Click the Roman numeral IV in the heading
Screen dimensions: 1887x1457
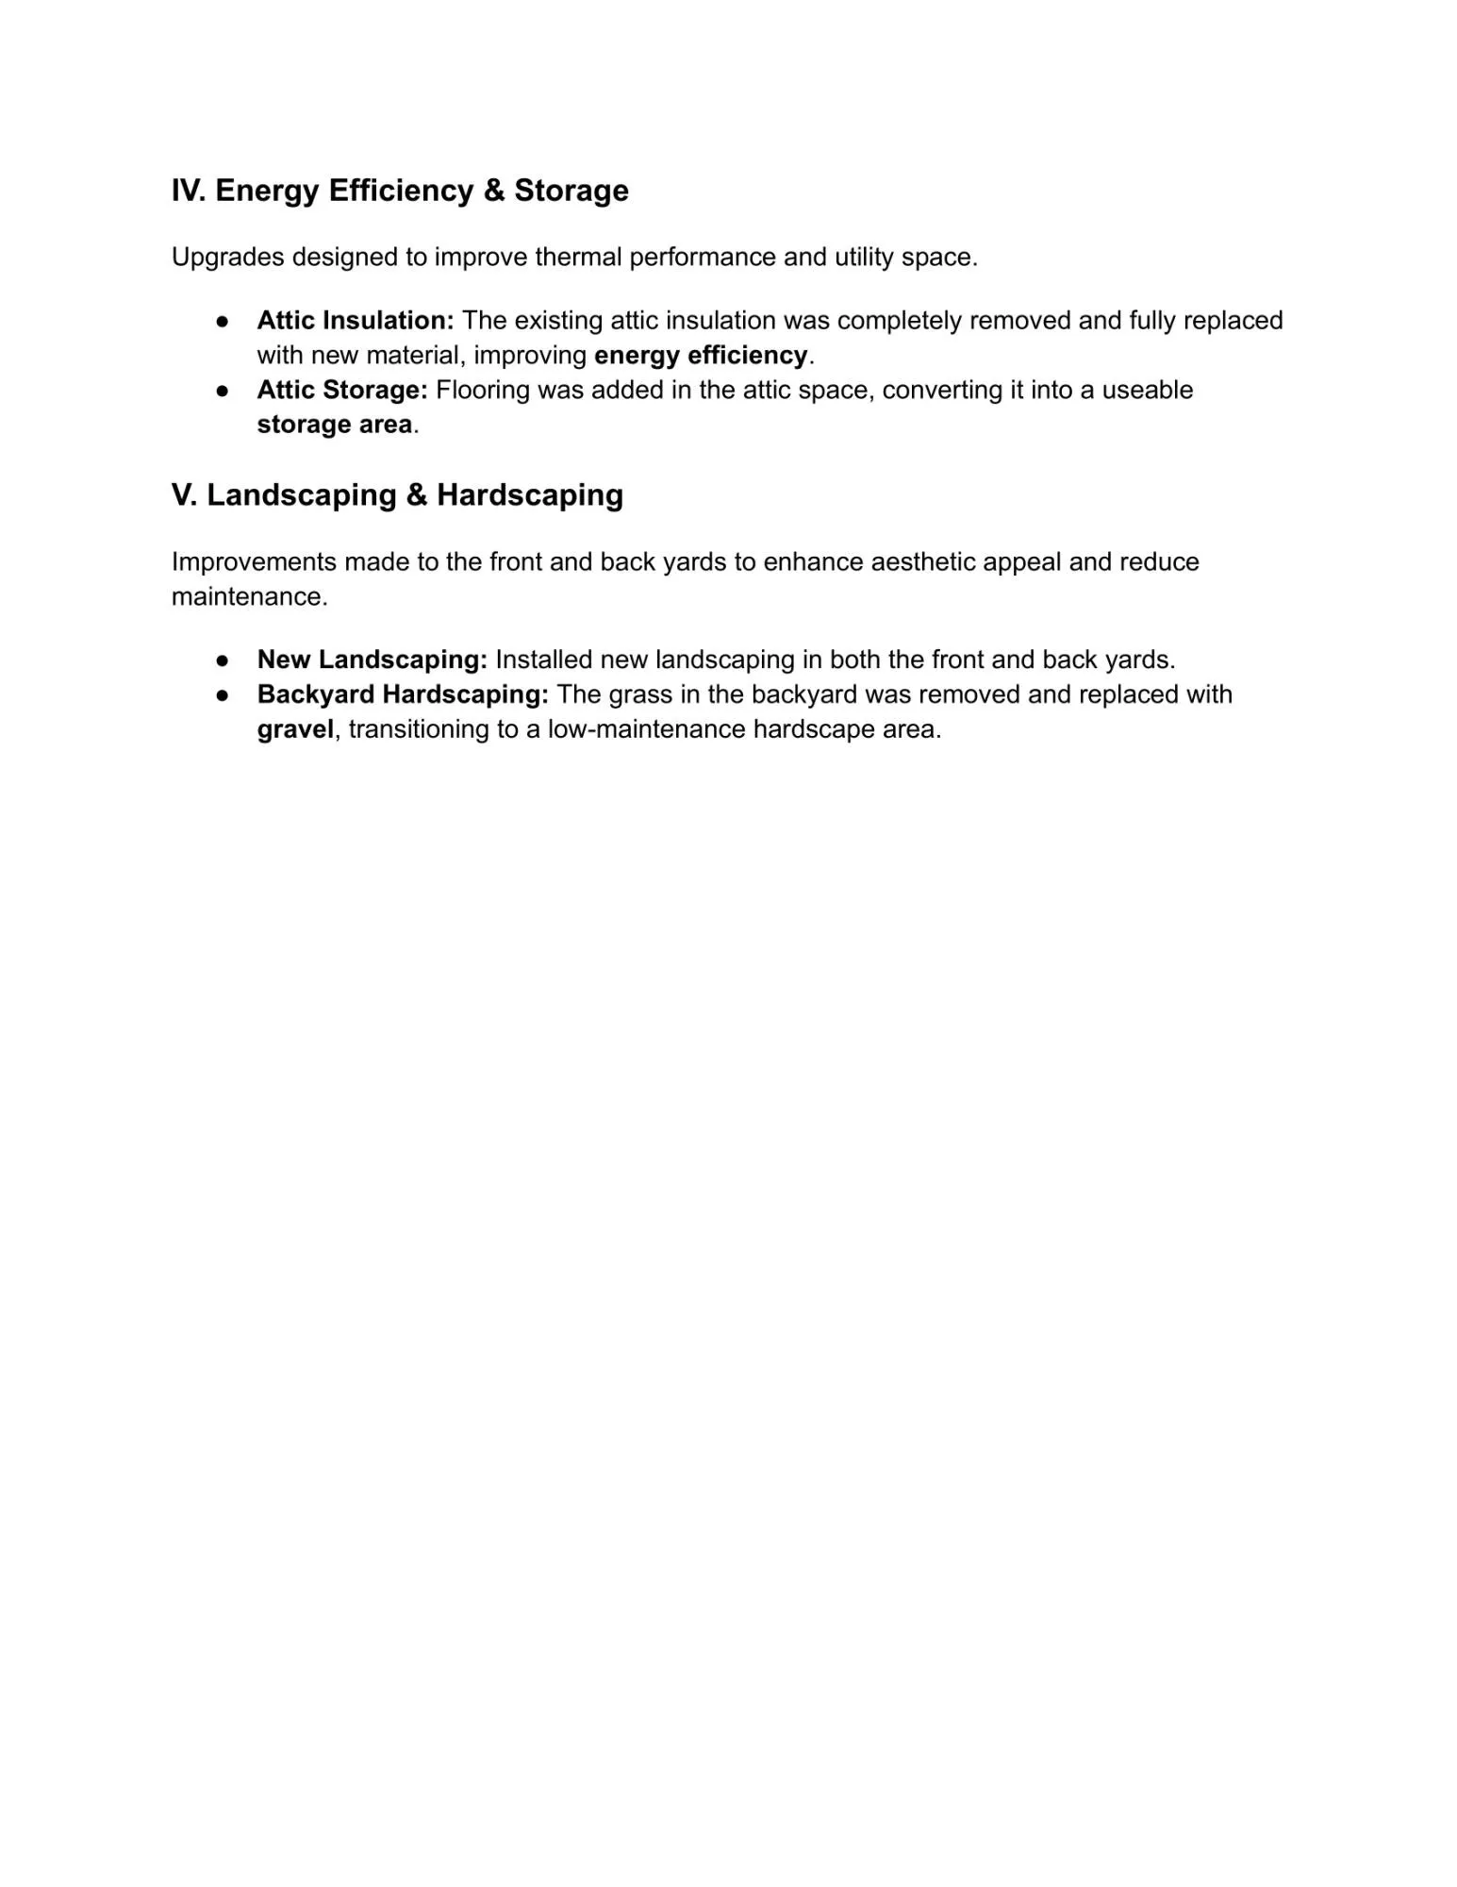(188, 191)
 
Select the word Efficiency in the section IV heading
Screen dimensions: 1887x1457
(401, 191)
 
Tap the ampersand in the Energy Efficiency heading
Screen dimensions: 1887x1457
(494, 191)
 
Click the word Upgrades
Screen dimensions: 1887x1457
(227, 258)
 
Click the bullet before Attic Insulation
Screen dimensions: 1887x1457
(223, 321)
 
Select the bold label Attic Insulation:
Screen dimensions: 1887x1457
(356, 321)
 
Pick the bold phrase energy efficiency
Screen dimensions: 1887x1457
(701, 356)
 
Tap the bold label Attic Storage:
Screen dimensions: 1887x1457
(342, 391)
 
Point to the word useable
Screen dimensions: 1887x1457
(1147, 391)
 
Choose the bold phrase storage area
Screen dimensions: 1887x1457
(335, 425)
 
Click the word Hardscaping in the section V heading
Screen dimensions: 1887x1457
(529, 495)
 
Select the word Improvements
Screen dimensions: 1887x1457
(254, 562)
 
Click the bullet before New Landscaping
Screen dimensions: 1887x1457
(223, 660)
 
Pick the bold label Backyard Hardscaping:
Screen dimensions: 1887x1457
(403, 694)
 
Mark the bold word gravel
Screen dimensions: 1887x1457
(295, 729)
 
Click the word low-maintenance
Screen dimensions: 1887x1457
(646, 729)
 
